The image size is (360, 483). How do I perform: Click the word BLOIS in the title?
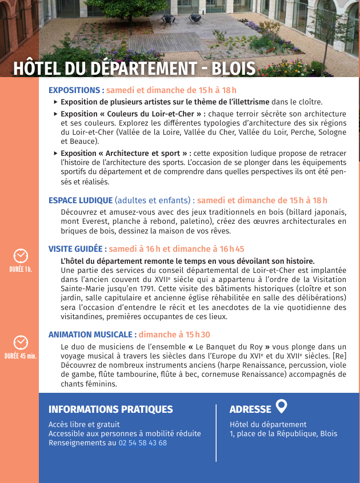pos(233,69)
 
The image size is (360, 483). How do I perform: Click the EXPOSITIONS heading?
pos(74,90)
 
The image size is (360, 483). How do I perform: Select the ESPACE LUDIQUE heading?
pos(81,200)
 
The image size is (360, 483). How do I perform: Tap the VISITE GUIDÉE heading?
pos(77,249)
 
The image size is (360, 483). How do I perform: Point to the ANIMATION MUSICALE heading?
pos(92,335)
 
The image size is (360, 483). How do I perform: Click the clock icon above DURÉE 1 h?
pos(21,255)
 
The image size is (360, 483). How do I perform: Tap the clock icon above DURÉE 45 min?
pos(21,342)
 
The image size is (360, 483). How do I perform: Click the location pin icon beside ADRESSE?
pos(281,406)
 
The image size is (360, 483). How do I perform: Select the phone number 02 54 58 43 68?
pos(142,443)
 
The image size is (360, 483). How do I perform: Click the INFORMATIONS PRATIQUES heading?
pos(110,409)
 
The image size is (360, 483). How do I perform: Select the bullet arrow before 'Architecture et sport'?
pos(55,154)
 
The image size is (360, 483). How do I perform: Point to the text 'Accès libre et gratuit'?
pos(84,424)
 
